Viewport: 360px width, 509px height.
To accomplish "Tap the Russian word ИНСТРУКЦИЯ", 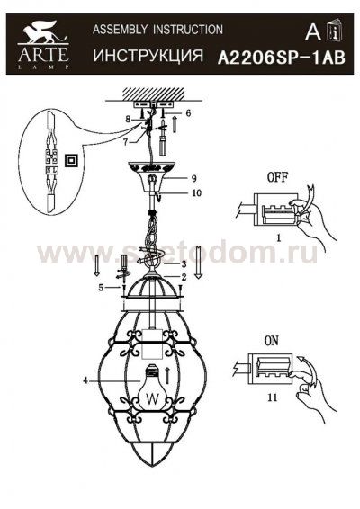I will [x=148, y=56].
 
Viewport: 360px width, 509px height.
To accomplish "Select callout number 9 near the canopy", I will [x=193, y=178].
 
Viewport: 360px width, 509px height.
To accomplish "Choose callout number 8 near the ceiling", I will [x=129, y=119].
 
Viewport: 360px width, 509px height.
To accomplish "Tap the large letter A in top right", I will [x=312, y=33].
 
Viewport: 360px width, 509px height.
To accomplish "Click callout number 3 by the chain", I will [x=183, y=263].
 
